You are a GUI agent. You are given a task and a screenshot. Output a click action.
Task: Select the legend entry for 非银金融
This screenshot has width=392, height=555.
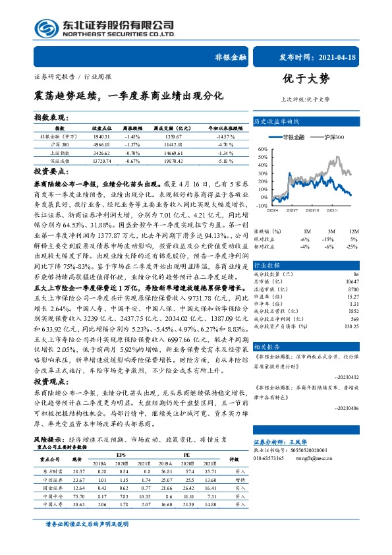tap(290, 136)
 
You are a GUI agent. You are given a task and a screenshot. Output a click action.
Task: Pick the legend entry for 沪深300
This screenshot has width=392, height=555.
tap(331, 136)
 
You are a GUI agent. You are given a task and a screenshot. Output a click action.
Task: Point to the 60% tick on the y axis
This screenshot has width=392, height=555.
tap(263, 149)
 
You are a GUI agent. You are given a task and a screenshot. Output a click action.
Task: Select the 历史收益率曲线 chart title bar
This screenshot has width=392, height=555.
tap(277, 122)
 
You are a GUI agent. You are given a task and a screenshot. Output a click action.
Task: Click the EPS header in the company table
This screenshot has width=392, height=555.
tap(121, 436)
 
